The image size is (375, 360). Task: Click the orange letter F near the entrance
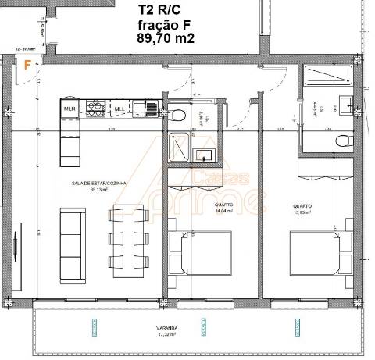click(x=28, y=66)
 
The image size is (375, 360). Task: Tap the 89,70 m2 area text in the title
click(x=166, y=37)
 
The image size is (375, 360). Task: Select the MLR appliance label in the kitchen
click(x=70, y=109)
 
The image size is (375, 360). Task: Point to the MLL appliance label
click(x=120, y=109)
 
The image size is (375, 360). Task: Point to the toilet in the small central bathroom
click(x=178, y=116)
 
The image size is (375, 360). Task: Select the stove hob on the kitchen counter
click(x=96, y=108)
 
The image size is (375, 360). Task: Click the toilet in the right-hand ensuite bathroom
click(x=341, y=140)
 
